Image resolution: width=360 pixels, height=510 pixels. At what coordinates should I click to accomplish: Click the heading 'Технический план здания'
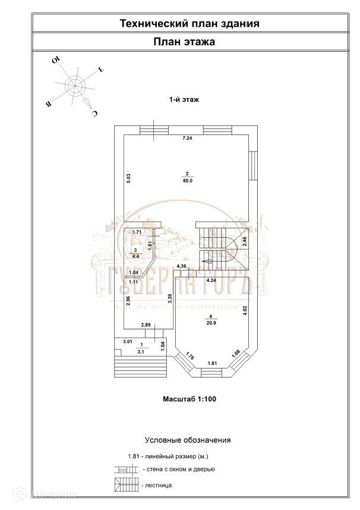click(190, 24)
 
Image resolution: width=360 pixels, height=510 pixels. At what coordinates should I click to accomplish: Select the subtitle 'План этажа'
click(184, 42)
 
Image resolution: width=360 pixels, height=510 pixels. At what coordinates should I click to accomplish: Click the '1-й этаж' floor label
click(184, 100)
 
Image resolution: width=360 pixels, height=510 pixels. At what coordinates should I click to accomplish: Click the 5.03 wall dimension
click(128, 177)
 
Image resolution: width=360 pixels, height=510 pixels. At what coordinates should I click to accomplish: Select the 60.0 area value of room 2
click(188, 181)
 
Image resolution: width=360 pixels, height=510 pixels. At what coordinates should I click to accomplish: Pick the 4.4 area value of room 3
click(135, 256)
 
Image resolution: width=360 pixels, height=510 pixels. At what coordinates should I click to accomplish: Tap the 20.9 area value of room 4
click(211, 324)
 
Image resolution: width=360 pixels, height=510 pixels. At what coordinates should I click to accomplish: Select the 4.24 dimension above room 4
click(211, 279)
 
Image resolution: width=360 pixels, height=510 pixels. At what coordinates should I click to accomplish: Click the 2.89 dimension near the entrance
click(147, 325)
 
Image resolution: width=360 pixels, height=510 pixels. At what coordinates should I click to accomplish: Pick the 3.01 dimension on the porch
click(127, 342)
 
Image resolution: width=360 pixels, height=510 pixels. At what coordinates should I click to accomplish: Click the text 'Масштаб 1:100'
click(189, 399)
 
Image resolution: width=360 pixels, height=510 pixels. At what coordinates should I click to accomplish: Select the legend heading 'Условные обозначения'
click(188, 440)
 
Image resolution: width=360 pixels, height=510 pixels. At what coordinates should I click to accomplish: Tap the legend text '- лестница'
click(158, 485)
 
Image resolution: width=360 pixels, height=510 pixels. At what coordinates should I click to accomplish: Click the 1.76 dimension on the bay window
click(190, 357)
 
